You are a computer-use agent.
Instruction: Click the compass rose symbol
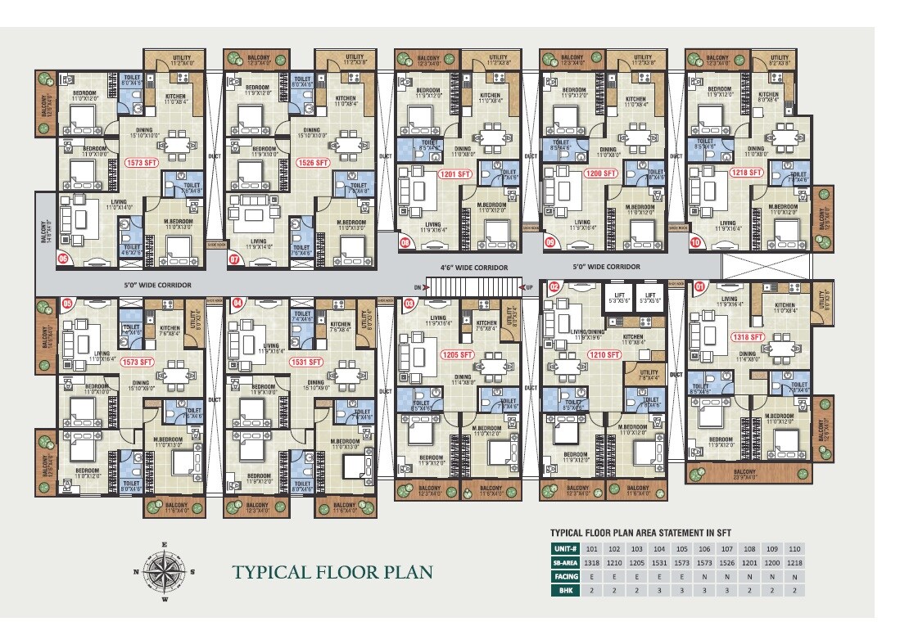point(164,571)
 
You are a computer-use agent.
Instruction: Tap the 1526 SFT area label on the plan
point(312,163)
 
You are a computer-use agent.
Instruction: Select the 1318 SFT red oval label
point(748,336)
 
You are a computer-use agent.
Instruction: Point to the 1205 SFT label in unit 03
point(456,354)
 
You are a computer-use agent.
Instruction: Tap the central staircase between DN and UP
point(475,287)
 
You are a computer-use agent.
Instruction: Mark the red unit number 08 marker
point(405,242)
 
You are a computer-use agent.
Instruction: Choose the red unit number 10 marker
point(696,242)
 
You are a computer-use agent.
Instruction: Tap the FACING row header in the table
point(565,576)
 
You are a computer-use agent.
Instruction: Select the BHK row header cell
point(565,590)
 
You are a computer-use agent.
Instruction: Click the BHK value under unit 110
point(793,590)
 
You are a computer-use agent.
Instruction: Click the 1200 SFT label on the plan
point(600,174)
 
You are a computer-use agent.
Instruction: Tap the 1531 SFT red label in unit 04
point(310,361)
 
